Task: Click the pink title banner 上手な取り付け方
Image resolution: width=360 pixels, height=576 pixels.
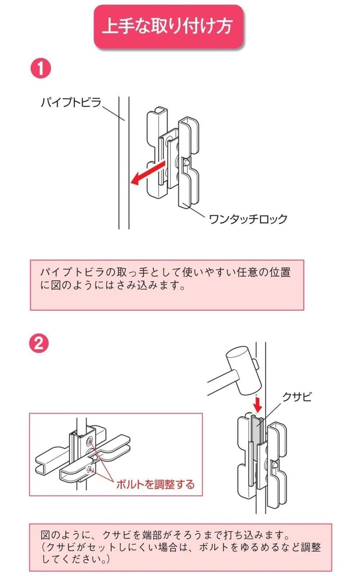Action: (168, 26)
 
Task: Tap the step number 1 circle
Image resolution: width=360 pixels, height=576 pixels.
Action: (40, 68)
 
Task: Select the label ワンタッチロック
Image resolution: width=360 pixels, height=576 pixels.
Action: (248, 219)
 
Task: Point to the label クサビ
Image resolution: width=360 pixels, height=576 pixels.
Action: (296, 397)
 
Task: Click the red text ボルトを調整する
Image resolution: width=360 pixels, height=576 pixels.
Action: (155, 484)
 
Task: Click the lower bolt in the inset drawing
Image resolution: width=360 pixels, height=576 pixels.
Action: (89, 468)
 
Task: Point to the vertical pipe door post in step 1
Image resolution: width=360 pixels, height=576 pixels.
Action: (124, 162)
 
